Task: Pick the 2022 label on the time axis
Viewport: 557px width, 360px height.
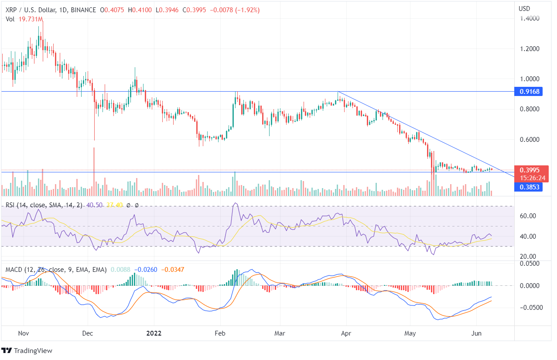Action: click(x=154, y=333)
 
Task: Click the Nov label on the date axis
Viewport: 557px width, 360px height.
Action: click(x=24, y=333)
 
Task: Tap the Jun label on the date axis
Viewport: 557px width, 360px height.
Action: click(x=477, y=333)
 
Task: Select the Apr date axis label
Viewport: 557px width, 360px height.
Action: click(x=345, y=333)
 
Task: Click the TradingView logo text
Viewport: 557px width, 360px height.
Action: click(x=33, y=351)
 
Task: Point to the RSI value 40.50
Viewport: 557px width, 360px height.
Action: click(x=94, y=205)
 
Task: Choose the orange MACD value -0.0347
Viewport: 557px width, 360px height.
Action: click(x=173, y=270)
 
